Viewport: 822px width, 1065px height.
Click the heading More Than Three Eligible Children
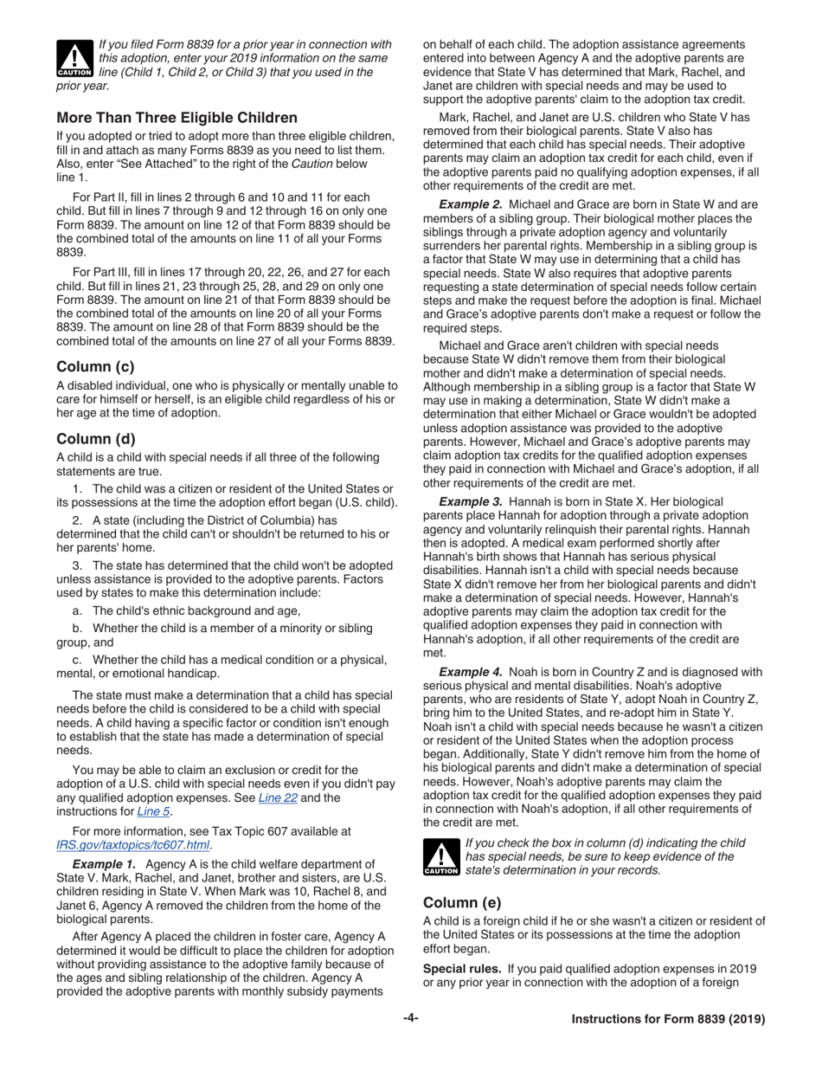click(177, 118)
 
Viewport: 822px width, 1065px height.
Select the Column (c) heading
click(95, 366)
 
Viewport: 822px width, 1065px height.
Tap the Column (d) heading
click(95, 438)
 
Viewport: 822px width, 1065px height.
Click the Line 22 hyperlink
click(278, 797)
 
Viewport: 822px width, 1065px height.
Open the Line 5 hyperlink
click(153, 811)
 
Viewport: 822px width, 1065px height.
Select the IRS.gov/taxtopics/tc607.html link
click(134, 845)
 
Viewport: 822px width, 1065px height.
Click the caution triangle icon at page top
click(74, 57)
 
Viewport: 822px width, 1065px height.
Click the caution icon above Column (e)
click(441, 857)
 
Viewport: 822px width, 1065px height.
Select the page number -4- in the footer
click(410, 1018)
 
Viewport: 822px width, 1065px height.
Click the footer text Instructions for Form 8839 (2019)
click(668, 1019)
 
